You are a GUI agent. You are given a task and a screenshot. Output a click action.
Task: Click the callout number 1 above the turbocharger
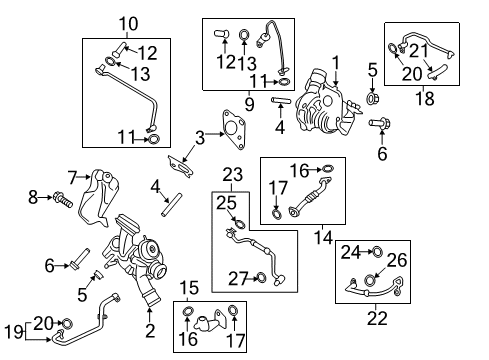pos(336,63)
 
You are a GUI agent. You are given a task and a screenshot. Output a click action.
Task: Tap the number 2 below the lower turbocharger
pos(150,330)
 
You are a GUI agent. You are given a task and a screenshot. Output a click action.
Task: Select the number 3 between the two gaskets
pos(200,137)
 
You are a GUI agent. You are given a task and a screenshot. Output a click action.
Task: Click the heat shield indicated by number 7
pos(98,198)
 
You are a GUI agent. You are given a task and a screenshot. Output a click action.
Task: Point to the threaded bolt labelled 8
pos(62,199)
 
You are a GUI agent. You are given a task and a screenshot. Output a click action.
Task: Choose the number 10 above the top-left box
pos(128,24)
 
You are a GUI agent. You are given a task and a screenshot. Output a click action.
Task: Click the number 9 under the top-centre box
pos(249,104)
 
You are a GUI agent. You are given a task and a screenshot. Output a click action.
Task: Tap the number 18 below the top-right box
pos(425,98)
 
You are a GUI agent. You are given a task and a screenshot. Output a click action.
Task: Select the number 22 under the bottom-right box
pos(377,318)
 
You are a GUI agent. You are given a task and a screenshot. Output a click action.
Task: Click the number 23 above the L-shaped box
pos(232,174)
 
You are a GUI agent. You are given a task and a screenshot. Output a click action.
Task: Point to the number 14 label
pos(323,237)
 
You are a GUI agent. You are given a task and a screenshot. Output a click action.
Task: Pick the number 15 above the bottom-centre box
pos(189,287)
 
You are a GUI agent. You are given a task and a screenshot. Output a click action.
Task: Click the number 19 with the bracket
pos(14,332)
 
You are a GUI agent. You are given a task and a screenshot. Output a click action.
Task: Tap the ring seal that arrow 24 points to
pos(377,252)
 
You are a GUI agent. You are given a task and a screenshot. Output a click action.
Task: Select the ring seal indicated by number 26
pos(370,280)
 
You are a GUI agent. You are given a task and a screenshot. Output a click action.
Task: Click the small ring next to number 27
pos(262,277)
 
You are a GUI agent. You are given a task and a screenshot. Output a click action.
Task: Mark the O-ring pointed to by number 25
pos(239,224)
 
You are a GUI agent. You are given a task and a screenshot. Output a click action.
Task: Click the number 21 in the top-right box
pos(418,51)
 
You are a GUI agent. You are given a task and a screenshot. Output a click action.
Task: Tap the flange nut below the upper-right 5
pos(372,98)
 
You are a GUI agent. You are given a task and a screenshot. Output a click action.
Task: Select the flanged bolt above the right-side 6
pos(380,123)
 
